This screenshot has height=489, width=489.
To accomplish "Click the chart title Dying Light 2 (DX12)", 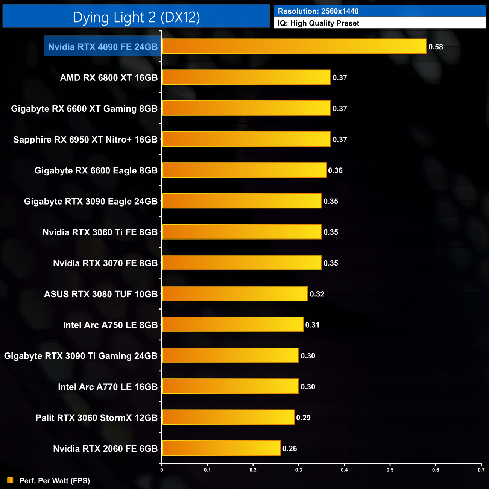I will coord(136,17).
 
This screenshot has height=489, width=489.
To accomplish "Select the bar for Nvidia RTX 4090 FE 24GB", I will coord(294,47).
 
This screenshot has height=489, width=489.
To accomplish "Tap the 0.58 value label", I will coord(436,47).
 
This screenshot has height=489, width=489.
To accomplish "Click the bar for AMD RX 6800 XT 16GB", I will coord(246,77).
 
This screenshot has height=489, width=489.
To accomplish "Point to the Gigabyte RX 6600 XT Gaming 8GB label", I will coord(84,109).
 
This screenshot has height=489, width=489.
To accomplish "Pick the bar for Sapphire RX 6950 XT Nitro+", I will coord(246,139).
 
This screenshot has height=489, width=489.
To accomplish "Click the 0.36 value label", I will coord(335,170).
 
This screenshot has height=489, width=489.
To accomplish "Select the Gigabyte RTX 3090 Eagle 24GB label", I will coord(91,202).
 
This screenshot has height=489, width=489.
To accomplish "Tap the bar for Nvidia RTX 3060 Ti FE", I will coord(242,232).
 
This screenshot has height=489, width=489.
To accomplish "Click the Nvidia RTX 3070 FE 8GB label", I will coord(105,263).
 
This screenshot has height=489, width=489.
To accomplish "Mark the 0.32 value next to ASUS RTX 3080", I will coord(317,294).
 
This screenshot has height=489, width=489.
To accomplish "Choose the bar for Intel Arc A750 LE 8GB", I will coord(232,325).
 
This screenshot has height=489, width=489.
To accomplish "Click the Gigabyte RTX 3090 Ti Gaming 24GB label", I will coord(81,356).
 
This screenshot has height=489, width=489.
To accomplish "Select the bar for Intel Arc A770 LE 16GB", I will coord(230,387).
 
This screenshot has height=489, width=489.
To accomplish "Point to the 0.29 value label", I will coord(303,418).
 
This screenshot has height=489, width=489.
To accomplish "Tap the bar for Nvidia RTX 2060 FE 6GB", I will coord(221,448).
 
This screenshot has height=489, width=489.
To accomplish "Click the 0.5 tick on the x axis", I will coord(390,470).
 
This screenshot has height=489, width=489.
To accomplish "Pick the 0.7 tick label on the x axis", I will coord(481,470).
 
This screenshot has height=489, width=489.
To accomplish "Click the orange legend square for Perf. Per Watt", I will coord(10,481).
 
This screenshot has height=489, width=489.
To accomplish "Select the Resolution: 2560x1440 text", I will coord(318,11).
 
